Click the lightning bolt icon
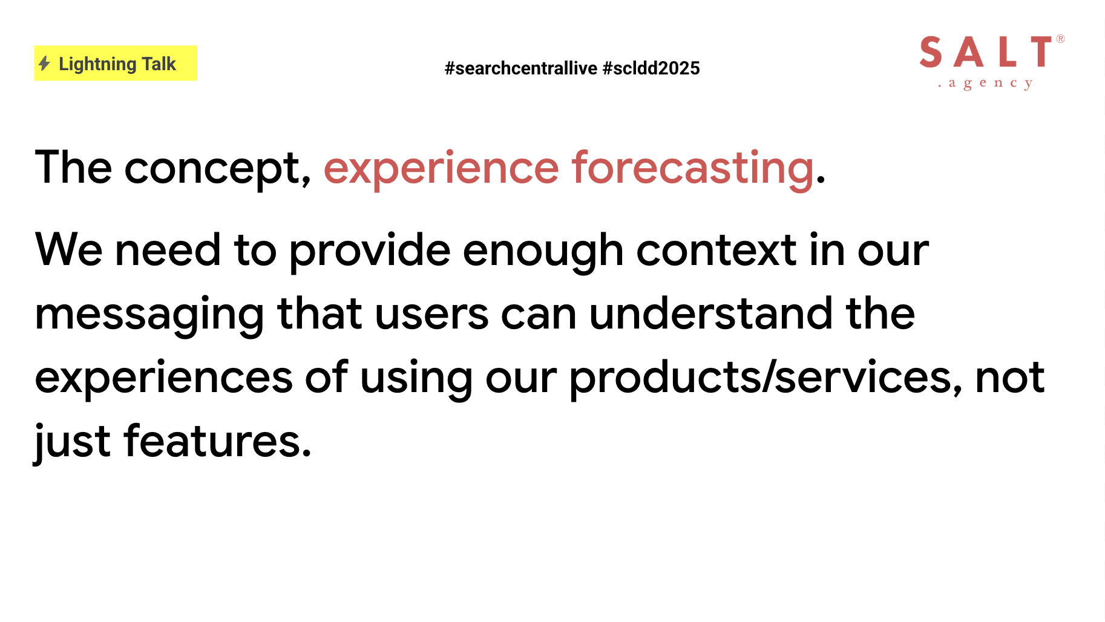pyautogui.click(x=44, y=63)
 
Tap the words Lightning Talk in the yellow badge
pyautogui.click(x=117, y=64)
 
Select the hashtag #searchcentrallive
pyautogui.click(x=521, y=68)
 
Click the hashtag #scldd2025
pyautogui.click(x=651, y=68)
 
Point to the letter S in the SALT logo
pyautogui.click(x=931, y=52)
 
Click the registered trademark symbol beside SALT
pyautogui.click(x=1060, y=39)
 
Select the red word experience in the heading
pyautogui.click(x=441, y=169)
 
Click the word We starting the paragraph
pyautogui.click(x=69, y=249)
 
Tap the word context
pyautogui.click(x=716, y=250)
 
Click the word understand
pyautogui.click(x=711, y=313)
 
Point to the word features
pyautogui.click(x=218, y=440)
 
